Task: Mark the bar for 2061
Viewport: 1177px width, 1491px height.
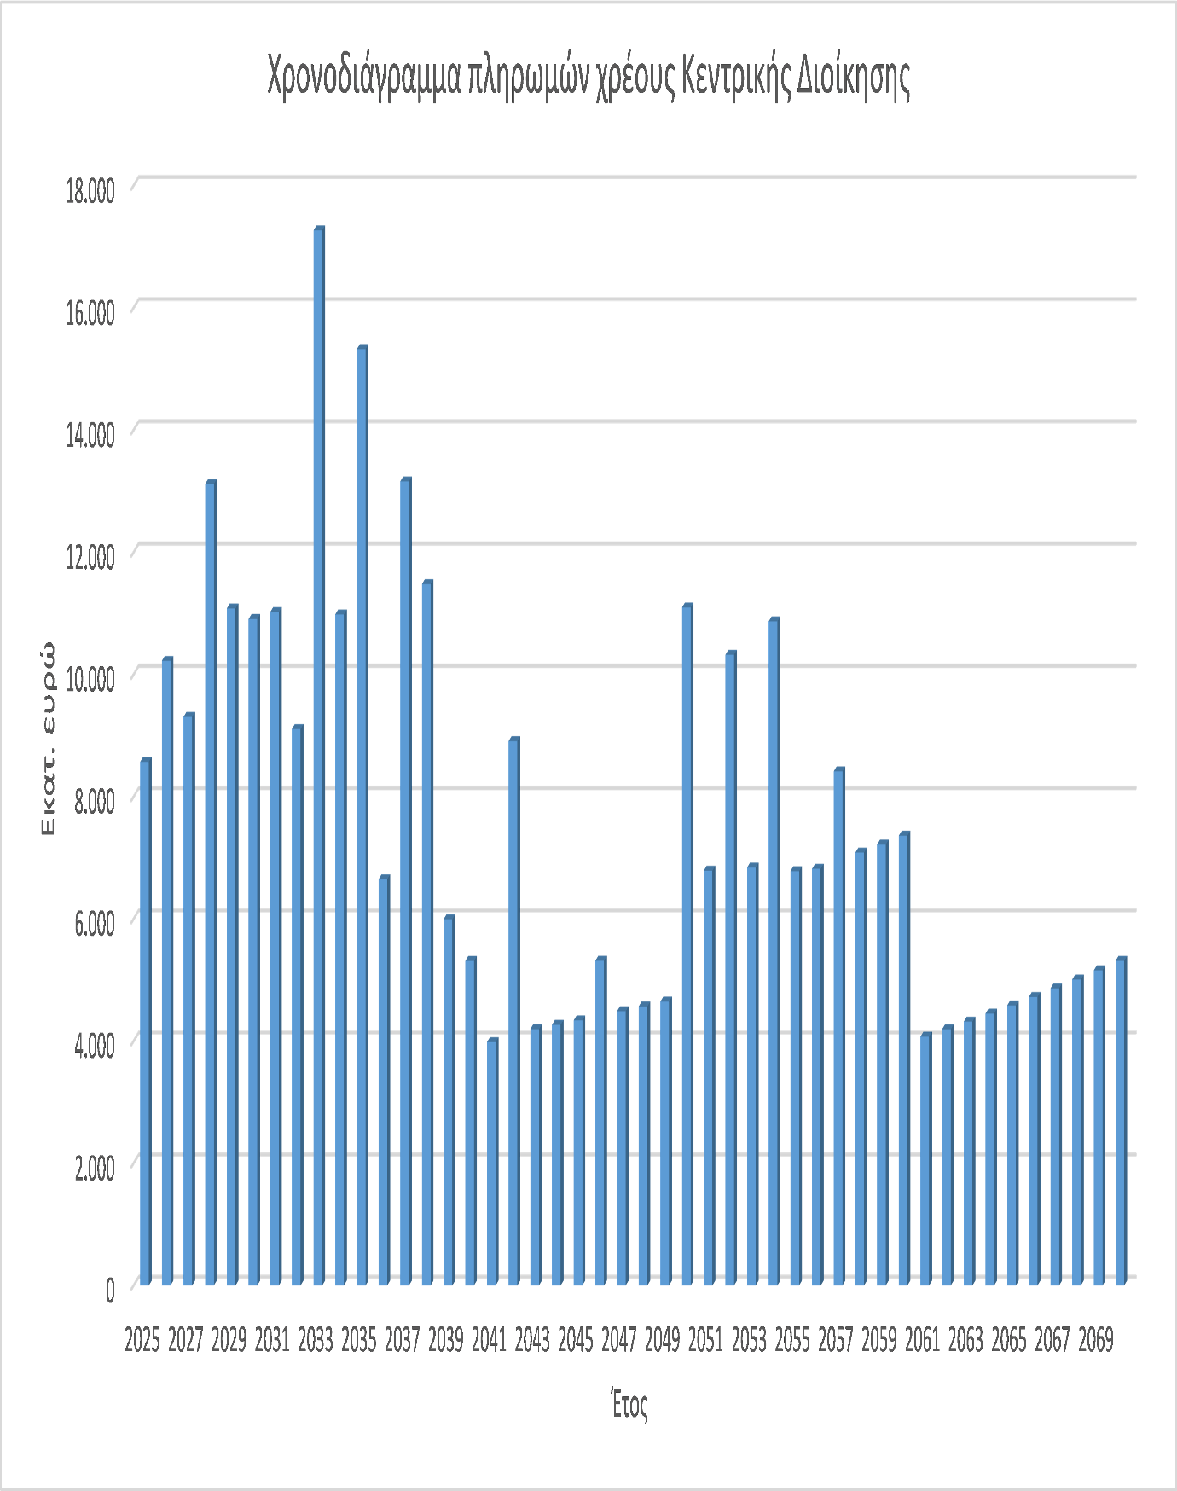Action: click(x=926, y=1159)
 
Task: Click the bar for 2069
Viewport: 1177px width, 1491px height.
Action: click(x=1099, y=1126)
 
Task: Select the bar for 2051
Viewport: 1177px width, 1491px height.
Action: click(x=709, y=1076)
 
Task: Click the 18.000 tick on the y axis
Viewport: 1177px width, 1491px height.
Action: click(x=90, y=190)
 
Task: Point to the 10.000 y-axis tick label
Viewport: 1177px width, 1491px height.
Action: click(x=90, y=679)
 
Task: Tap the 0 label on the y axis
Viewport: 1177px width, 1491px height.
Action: click(x=109, y=1291)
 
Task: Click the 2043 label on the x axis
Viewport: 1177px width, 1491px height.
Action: click(x=532, y=1340)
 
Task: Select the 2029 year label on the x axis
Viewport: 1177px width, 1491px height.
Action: click(x=229, y=1340)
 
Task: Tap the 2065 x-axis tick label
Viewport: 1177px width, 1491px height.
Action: click(x=1008, y=1340)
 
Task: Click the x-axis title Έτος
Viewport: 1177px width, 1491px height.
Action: click(x=629, y=1405)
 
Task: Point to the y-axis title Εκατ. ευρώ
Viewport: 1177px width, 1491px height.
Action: click(x=49, y=739)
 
